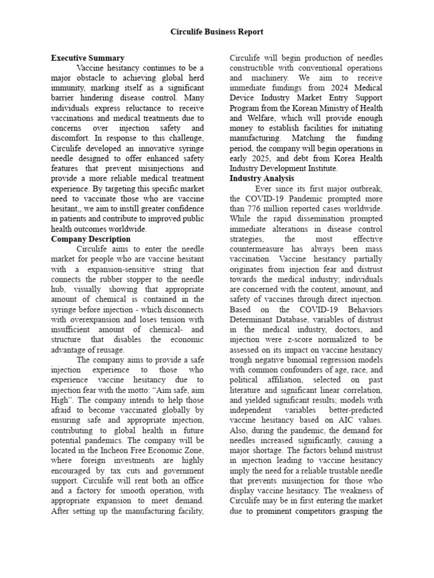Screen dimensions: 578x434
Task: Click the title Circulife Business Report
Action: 217,32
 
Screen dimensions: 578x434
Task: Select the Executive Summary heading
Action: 88,58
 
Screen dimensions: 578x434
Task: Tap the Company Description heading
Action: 90,239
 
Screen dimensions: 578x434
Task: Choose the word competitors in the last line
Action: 331,511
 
